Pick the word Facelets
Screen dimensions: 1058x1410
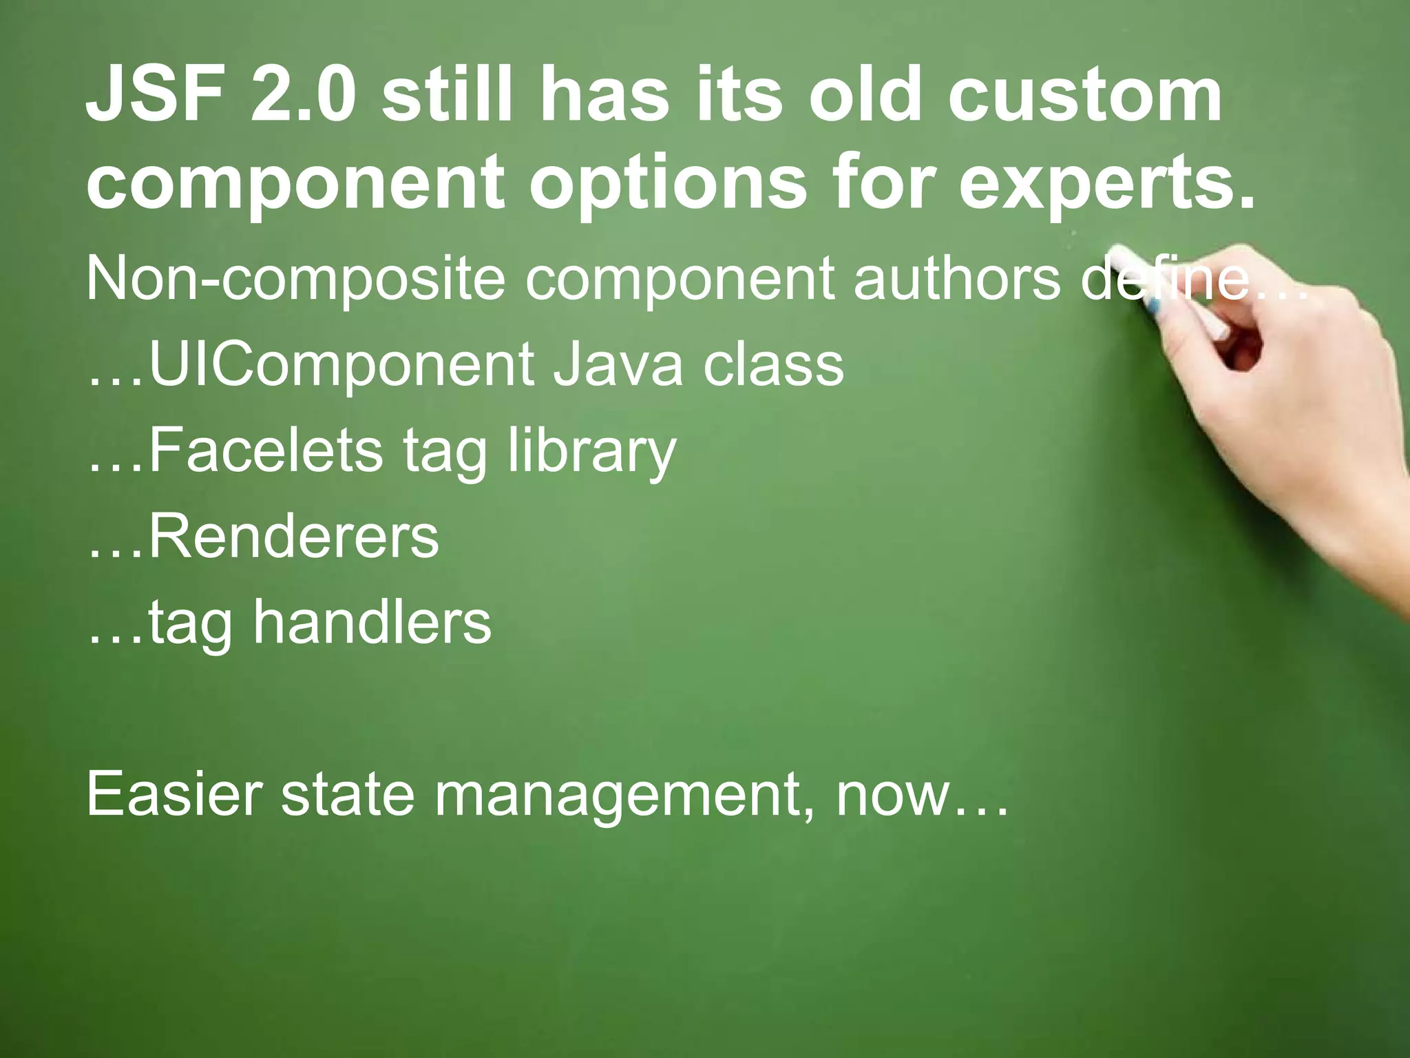point(265,451)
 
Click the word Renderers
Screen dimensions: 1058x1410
point(293,537)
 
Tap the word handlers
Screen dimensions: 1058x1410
point(372,623)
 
